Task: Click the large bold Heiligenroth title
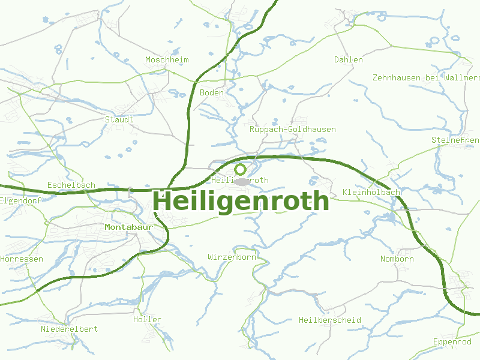tap(241, 201)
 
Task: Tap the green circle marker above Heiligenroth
tap(241, 170)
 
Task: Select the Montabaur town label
tap(127, 227)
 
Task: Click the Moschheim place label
tap(167, 60)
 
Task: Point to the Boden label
tap(211, 93)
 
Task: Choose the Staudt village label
tap(119, 119)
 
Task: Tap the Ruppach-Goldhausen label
tap(292, 130)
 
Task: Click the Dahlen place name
tap(349, 60)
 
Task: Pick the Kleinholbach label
tap(371, 192)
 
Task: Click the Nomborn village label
tap(397, 259)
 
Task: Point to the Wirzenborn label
tap(232, 257)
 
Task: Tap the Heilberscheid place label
tap(329, 320)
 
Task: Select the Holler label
tap(147, 320)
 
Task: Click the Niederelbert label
tap(69, 329)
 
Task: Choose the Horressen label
tap(22, 259)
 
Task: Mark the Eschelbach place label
tap(71, 185)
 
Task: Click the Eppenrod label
tap(452, 342)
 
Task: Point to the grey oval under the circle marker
tap(241, 181)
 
